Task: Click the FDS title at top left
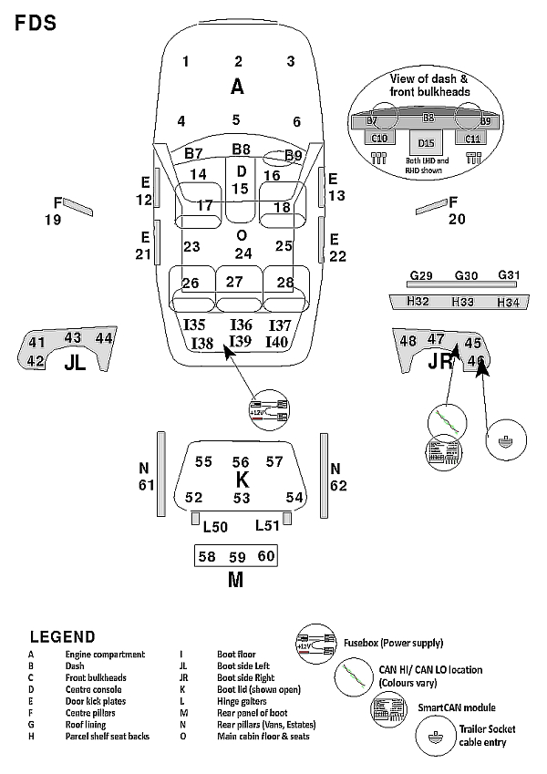click(x=36, y=23)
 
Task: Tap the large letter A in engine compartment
click(x=238, y=87)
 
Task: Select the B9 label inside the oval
click(x=293, y=156)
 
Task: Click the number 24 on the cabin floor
click(x=243, y=253)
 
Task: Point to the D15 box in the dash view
click(x=426, y=143)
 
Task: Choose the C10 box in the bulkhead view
click(x=380, y=139)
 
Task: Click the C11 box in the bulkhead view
click(x=472, y=139)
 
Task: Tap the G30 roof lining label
click(x=465, y=275)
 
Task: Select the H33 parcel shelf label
click(x=463, y=302)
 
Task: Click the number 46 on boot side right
click(x=475, y=361)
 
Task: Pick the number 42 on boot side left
click(x=36, y=360)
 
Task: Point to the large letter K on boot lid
click(x=242, y=480)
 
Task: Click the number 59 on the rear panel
click(x=237, y=556)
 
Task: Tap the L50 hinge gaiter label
click(x=215, y=526)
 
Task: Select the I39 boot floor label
click(x=241, y=341)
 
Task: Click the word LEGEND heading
click(x=62, y=636)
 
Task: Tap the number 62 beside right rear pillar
click(x=338, y=485)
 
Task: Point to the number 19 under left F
click(x=53, y=220)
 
